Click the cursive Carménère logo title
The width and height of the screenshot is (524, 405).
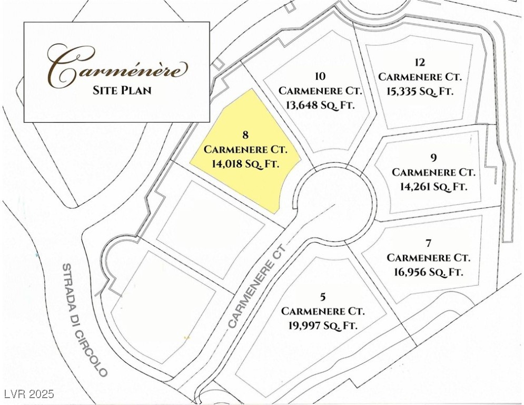(x=117, y=66)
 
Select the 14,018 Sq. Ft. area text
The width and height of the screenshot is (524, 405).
(x=244, y=164)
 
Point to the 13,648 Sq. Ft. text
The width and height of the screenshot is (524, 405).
(x=320, y=104)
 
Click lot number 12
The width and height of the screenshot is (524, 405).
(x=420, y=62)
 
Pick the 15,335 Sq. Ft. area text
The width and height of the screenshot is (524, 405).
(x=420, y=91)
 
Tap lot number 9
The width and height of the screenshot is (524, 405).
(x=433, y=158)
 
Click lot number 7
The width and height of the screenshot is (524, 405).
(x=428, y=243)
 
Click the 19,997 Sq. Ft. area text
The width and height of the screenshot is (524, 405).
(x=323, y=325)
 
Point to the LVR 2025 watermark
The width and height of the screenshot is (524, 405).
(x=28, y=394)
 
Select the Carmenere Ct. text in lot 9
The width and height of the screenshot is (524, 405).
(x=433, y=172)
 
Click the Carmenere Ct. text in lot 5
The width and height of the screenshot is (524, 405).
(x=323, y=311)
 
